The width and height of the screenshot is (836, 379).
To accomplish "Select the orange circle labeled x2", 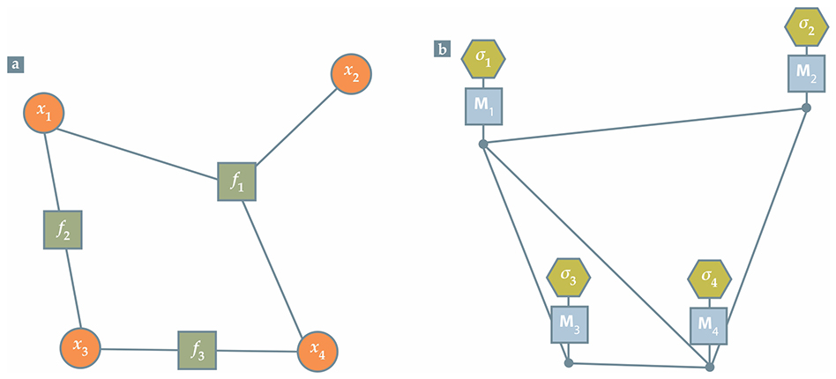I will (352, 74).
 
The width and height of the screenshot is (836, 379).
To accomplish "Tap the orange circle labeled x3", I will (81, 349).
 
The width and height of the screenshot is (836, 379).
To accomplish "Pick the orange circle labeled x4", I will (317, 353).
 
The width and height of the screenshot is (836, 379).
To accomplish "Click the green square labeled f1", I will (237, 182).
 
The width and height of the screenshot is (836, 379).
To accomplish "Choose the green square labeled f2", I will (63, 229).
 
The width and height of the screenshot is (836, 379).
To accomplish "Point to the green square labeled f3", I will (197, 350).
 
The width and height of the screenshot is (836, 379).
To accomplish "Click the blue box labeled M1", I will (483, 107).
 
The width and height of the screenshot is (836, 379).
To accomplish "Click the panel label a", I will (15, 63).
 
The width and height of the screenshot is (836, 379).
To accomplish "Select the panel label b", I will (441, 49).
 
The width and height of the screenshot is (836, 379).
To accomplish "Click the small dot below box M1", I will (483, 144).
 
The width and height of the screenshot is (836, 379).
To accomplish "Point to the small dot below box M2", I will (806, 108).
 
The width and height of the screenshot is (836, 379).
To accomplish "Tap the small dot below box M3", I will (569, 361).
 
